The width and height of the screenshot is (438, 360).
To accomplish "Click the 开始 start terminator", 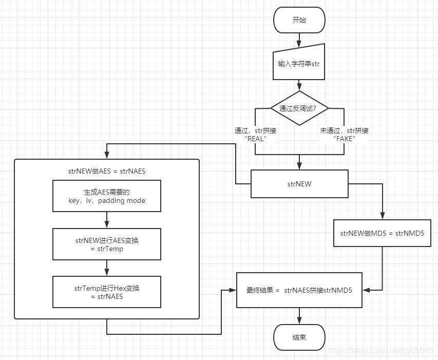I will click(x=299, y=20).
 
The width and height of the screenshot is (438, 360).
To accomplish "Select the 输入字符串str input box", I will click(x=299, y=64).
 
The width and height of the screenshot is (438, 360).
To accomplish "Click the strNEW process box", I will click(x=299, y=184).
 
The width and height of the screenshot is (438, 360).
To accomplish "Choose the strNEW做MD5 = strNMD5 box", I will click(x=382, y=233).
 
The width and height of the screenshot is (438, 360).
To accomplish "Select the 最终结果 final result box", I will click(x=299, y=290).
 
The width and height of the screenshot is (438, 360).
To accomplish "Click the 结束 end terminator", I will click(x=299, y=337).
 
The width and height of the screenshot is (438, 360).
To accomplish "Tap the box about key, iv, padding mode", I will click(x=107, y=196).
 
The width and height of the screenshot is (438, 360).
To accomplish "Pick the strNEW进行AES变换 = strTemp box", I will click(x=107, y=244).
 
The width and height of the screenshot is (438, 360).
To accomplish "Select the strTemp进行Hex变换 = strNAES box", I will click(x=107, y=292).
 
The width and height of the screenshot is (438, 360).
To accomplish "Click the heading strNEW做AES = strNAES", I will click(x=107, y=171).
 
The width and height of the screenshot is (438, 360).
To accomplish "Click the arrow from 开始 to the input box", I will click(x=299, y=40).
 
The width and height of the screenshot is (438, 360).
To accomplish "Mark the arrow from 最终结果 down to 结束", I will click(x=299, y=316).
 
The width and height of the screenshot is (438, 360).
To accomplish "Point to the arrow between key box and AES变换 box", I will click(x=107, y=220).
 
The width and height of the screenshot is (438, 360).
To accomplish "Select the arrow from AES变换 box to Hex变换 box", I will click(x=107, y=268).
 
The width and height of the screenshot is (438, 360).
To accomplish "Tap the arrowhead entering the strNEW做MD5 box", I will click(x=383, y=217).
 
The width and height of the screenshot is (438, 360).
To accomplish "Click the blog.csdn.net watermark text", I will click(x=380, y=350).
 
